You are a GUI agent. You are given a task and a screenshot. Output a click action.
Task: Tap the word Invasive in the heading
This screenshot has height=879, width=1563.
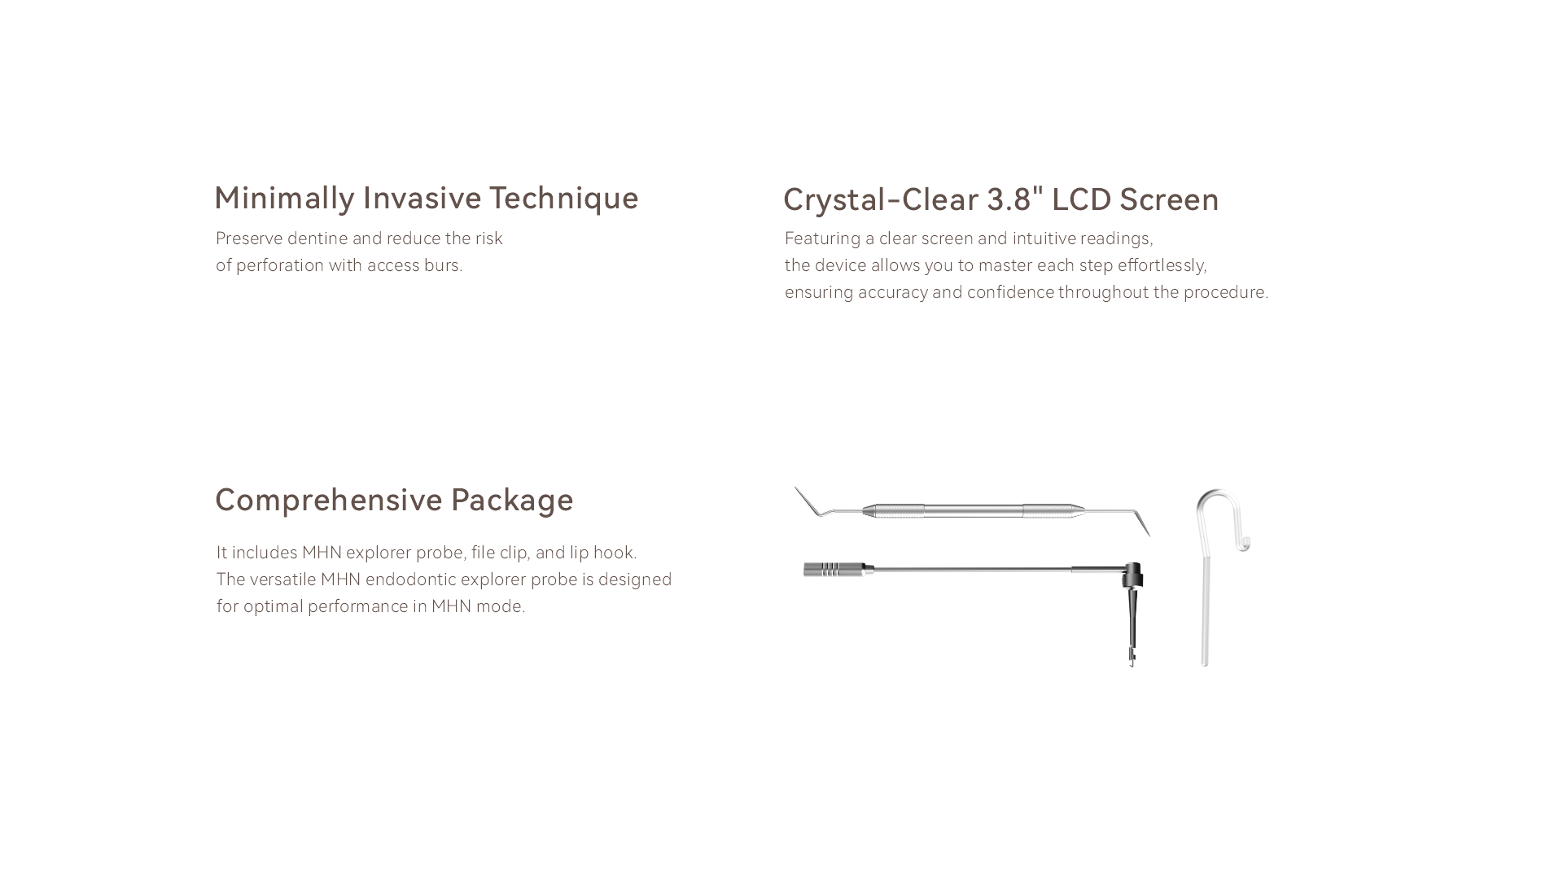click(x=422, y=198)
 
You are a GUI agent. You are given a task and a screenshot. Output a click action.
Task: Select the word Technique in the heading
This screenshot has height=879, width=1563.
click(x=564, y=199)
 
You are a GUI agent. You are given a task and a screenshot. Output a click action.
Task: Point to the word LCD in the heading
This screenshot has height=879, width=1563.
click(x=1082, y=200)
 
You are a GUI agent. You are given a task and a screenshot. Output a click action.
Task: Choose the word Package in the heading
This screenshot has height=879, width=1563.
click(x=512, y=501)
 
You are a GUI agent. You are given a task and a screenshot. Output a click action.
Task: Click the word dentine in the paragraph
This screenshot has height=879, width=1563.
click(x=317, y=238)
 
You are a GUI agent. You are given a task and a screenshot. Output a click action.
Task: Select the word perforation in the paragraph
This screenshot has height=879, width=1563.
click(x=280, y=265)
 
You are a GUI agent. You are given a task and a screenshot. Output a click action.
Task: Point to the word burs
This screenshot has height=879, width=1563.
click(x=444, y=265)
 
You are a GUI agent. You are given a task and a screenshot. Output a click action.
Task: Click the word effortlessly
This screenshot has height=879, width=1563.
click(x=1162, y=265)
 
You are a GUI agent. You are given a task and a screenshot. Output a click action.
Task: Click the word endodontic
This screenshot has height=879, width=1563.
click(x=411, y=579)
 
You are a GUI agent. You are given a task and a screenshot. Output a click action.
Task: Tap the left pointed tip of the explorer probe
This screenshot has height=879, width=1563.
click(x=795, y=488)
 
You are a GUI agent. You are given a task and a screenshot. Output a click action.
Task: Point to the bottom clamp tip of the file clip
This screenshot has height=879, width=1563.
click(x=1132, y=661)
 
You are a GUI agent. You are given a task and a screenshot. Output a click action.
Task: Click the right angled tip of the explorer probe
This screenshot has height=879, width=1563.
click(x=1149, y=535)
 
